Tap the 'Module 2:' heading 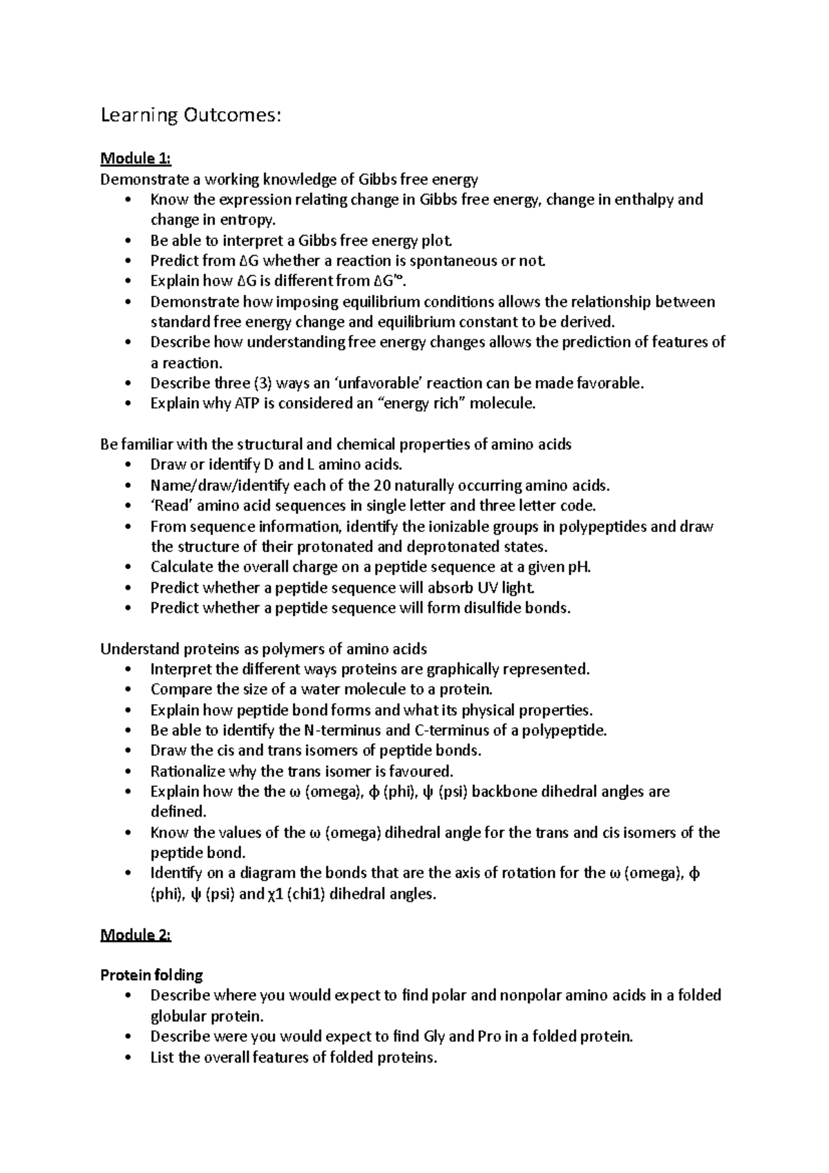pyautogui.click(x=135, y=935)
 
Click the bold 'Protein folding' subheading pyautogui.click(x=152, y=975)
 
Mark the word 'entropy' pyautogui.click(x=247, y=220)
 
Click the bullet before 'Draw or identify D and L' pyautogui.click(x=129, y=465)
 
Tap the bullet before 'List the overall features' pyautogui.click(x=129, y=1057)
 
